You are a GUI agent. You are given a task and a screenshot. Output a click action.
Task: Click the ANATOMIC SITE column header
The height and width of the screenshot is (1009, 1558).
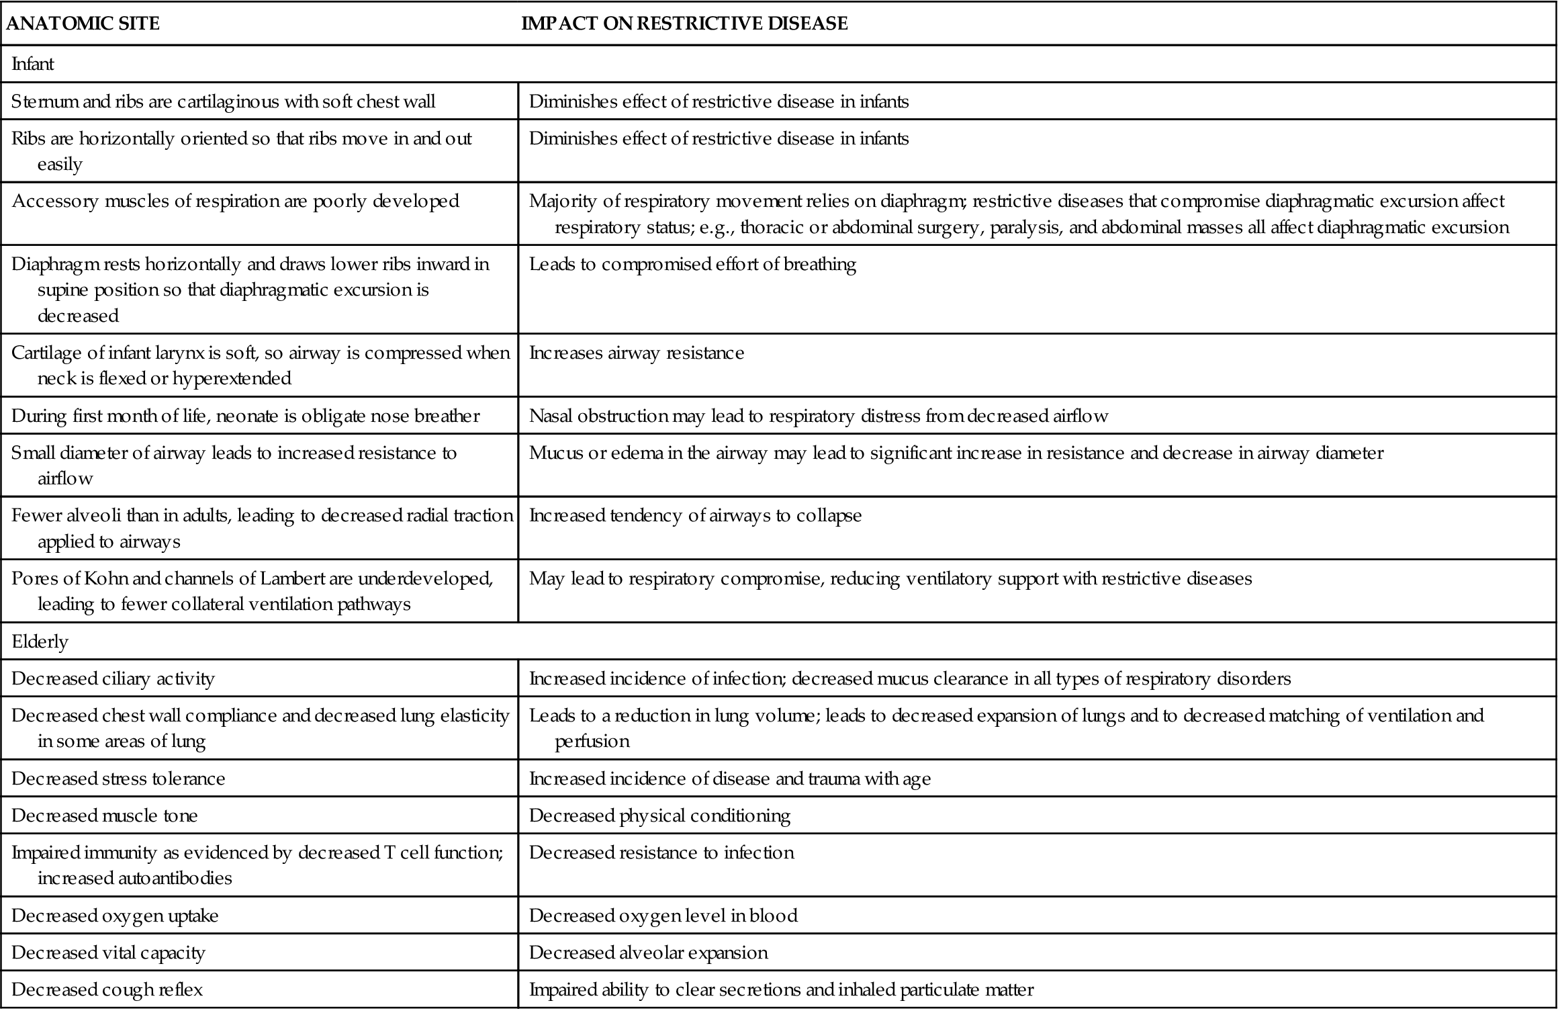83,24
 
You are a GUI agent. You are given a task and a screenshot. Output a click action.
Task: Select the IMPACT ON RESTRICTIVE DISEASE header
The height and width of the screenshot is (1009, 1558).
684,24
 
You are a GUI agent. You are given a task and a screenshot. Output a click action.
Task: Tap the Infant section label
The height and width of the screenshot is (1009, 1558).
33,64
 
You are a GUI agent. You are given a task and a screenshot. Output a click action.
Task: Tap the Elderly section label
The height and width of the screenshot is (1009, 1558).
40,642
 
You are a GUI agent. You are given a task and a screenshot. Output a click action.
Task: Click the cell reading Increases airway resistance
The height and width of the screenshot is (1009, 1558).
637,353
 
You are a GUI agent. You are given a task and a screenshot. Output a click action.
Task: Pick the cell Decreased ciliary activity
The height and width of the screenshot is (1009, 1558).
113,678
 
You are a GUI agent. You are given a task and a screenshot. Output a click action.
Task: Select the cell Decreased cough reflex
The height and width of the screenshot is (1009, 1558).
107,990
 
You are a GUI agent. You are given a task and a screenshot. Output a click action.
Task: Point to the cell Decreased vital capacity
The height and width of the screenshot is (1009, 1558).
108,953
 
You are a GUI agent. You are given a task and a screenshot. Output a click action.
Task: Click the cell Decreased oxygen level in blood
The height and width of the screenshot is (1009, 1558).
663,916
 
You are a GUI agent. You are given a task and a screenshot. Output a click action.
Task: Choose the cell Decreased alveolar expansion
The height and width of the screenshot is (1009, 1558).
648,953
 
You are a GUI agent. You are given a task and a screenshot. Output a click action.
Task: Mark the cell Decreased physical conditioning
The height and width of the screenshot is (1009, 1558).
659,816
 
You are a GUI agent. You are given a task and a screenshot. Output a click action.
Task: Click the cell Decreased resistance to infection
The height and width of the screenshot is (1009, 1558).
661,852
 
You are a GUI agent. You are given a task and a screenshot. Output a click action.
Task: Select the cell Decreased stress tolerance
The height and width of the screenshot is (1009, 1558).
118,779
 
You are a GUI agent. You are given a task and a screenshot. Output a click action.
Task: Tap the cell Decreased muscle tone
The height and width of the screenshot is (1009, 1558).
105,816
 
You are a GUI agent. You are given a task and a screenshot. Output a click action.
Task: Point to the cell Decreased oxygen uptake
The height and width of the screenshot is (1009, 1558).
115,916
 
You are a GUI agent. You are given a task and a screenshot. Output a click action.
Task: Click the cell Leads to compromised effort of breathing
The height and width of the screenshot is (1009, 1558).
692,264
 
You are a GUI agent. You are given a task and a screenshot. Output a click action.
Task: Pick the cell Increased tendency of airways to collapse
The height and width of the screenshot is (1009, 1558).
695,515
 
